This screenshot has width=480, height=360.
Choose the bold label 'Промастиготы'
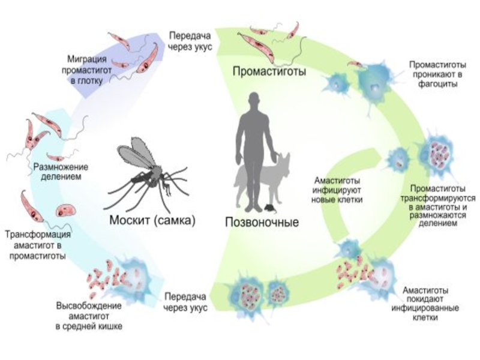coord(270,72)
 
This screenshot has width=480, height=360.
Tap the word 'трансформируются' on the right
coord(439,197)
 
